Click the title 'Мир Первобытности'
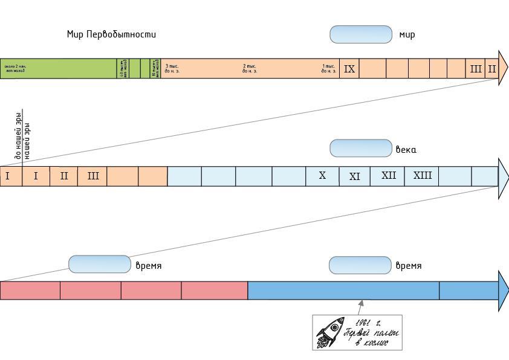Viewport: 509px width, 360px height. pos(111,34)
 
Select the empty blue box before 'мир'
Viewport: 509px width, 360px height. pos(361,34)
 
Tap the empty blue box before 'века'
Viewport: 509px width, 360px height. pos(361,148)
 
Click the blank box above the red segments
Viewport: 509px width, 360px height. pos(100,265)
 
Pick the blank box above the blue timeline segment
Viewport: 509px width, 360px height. pos(360,265)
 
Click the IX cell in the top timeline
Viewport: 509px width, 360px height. pos(349,69)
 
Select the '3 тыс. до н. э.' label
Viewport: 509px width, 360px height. pos(172,68)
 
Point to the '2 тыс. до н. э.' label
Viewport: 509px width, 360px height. pos(250,68)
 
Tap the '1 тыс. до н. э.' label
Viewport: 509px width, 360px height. pos(329,68)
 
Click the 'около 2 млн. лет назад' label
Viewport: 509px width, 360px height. pos(16,68)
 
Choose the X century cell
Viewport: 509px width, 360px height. pos(322,176)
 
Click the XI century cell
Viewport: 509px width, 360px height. pos(355,176)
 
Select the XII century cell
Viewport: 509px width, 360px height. pos(389,176)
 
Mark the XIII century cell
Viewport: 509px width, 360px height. pos(423,176)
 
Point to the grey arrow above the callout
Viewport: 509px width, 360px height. pos(361,307)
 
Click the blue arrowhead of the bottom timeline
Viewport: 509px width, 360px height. pos(503,291)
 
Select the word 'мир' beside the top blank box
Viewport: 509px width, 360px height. pos(407,34)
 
